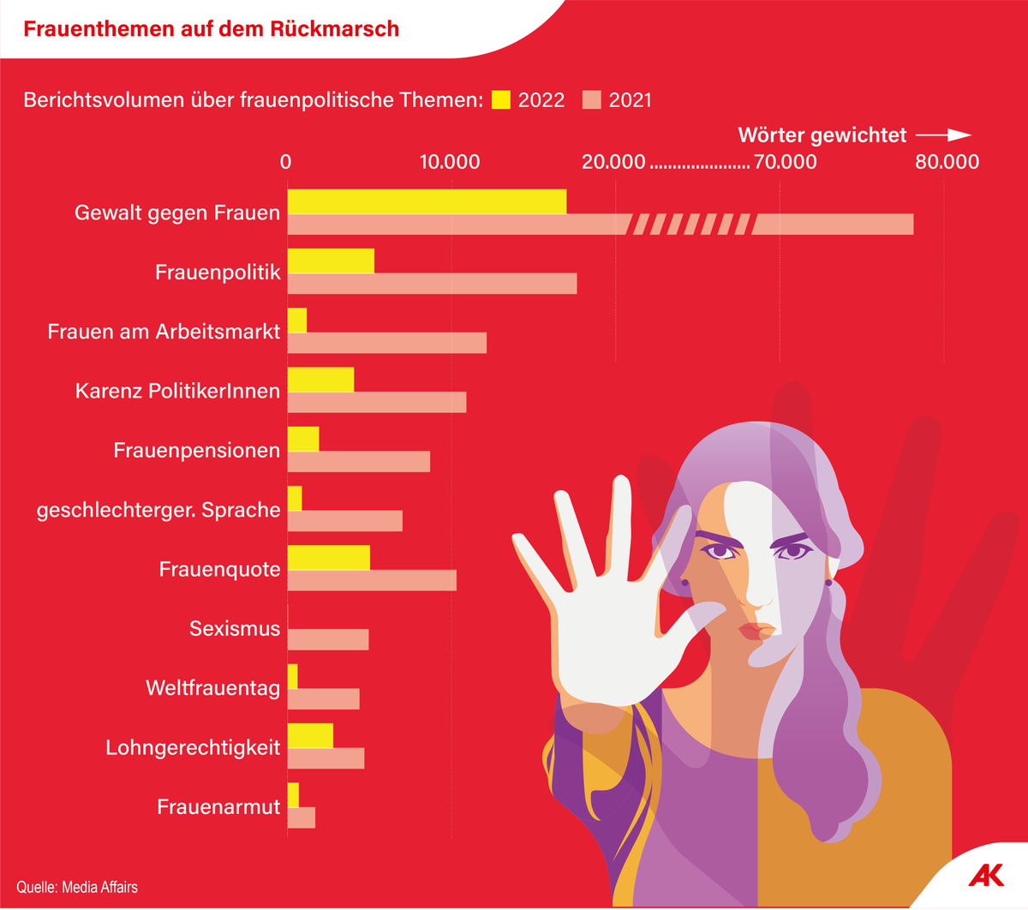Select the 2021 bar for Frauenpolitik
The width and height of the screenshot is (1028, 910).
[x=432, y=284]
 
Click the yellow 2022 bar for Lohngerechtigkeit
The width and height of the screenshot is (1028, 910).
[x=310, y=735]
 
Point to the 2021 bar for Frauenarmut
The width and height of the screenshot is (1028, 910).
[x=301, y=817]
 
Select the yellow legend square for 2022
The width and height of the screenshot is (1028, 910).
[x=501, y=99]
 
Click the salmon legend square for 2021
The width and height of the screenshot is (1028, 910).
[x=592, y=99]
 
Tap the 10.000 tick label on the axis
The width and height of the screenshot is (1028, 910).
[x=450, y=162]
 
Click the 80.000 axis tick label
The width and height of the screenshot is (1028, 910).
[x=947, y=162]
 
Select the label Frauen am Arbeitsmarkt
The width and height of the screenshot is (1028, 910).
[x=164, y=332]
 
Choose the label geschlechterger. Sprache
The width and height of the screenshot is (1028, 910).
[x=158, y=510]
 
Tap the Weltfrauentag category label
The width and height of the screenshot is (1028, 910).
[x=212, y=688]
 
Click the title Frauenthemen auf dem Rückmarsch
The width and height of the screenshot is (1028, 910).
[x=211, y=29]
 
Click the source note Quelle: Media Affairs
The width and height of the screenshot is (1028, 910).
[x=77, y=887]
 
